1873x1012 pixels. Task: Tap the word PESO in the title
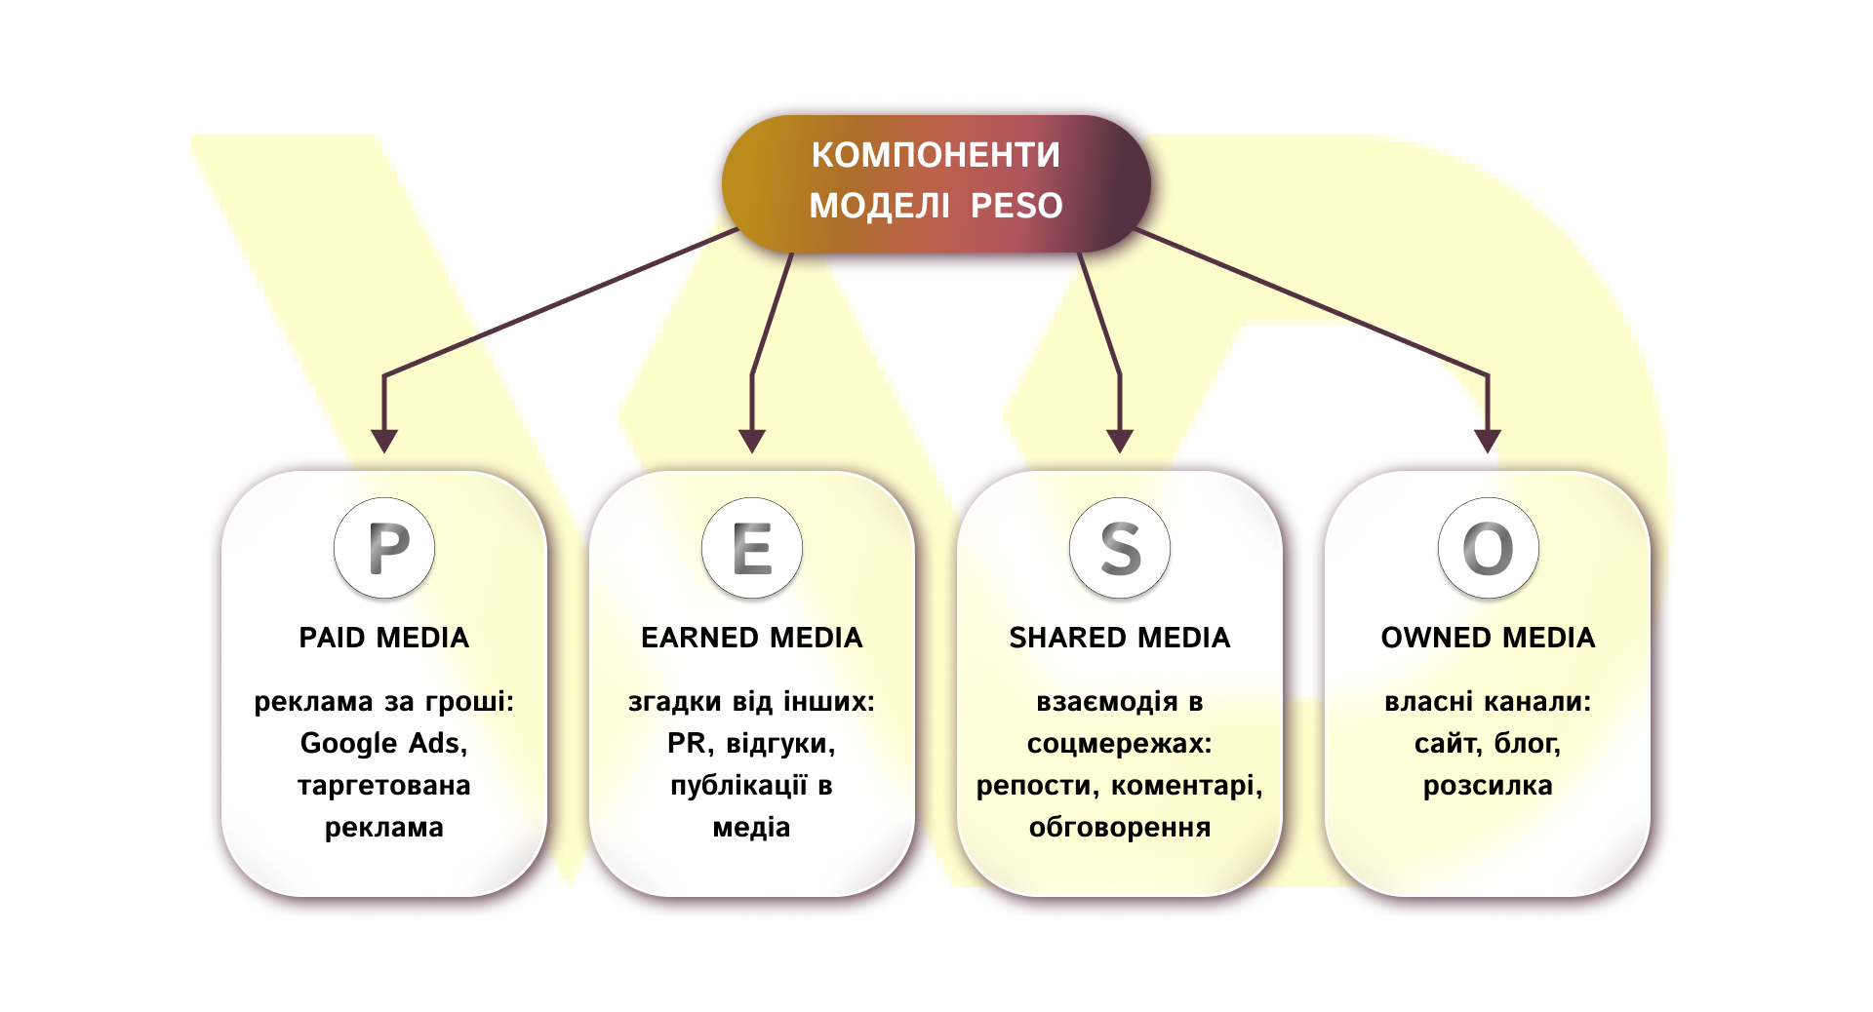1016,206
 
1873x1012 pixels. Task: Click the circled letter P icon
384,548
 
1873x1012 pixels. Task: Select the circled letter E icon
752,548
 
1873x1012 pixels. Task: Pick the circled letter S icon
1120,548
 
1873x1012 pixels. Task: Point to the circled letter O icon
1488,548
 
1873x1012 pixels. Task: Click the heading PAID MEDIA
384,638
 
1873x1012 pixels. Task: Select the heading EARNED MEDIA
752,638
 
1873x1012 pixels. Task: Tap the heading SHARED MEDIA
1120,638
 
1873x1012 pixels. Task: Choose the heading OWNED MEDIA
1488,638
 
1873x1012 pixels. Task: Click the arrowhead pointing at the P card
384,441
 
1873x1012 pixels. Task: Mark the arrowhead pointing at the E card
752,441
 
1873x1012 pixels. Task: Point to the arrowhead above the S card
1120,441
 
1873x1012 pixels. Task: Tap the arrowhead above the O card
1488,441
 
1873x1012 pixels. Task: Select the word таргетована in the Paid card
384,786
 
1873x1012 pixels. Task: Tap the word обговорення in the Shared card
1120,828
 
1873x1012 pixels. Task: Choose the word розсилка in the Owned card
1488,786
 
